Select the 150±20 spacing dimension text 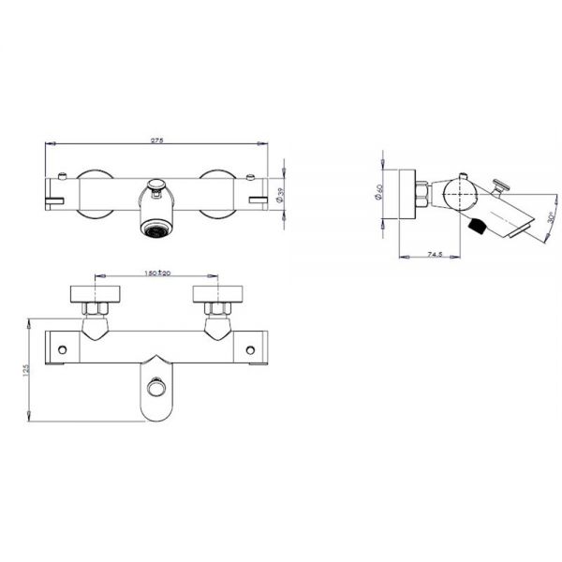click(x=156, y=274)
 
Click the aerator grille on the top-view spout click(x=156, y=227)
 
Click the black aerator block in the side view click(x=477, y=226)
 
